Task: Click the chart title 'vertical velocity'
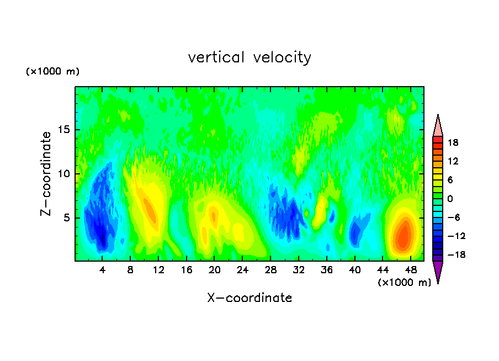pos(250,57)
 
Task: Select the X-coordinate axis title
pos(250,298)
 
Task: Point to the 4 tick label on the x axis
pos(102,270)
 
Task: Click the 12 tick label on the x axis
pos(158,270)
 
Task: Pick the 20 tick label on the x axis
pos(215,270)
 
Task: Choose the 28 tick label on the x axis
pos(270,270)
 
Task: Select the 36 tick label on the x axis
pos(327,270)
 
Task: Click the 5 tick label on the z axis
pos(65,218)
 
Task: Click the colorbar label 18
pos(453,142)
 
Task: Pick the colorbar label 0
pos(450,199)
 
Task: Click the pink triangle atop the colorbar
pos(438,126)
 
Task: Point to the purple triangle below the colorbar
pos(438,272)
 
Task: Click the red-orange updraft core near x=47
pos(404,235)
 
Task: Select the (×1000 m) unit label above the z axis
pos(52,72)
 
